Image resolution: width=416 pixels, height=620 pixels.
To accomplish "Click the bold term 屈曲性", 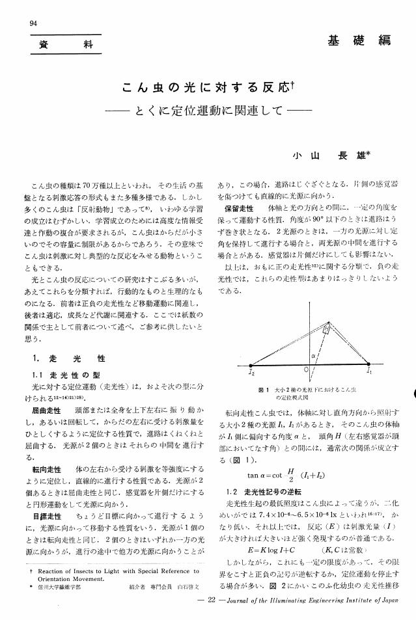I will tap(46, 412).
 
